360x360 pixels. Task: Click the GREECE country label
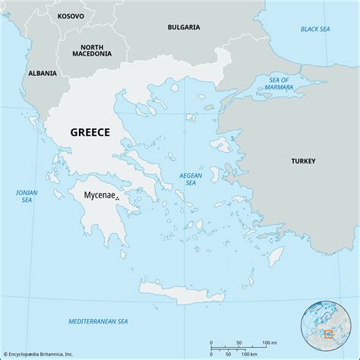(90, 131)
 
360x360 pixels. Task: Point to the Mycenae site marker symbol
(117, 199)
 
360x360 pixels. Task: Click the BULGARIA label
(184, 27)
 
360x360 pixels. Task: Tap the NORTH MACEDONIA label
(92, 50)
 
